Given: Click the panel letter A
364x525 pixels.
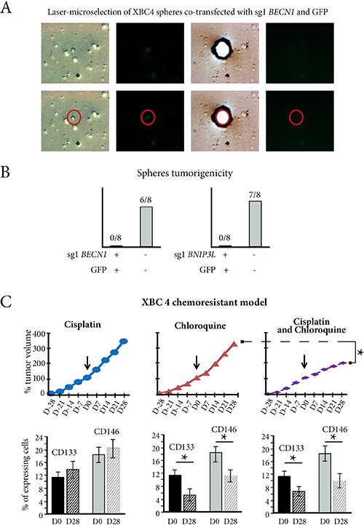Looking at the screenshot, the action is coord(6,7).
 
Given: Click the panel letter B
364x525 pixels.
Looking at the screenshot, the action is coord(5,172).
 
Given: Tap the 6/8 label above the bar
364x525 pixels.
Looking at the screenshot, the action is coord(146,200).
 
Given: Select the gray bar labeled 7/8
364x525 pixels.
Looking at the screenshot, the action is coord(255,224).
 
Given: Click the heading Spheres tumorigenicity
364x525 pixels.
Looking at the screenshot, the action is coord(184,173).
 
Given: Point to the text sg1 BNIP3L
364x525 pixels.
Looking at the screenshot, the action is coord(195,255).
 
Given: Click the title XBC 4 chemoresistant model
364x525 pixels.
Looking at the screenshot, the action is coord(205,302).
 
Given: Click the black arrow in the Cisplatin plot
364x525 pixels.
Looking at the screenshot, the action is coord(87,363).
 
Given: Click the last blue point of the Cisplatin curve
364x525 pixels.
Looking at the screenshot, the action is coord(124,342).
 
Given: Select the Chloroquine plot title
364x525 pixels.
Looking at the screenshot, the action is coord(200,325).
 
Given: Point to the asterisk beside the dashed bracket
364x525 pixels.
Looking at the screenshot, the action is coord(360,353).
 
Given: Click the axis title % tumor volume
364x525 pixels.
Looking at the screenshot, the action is coord(28,361).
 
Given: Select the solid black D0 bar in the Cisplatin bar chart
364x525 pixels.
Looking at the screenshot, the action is coord(58,495).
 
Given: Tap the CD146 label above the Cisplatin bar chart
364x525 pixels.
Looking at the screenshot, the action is coord(106,432).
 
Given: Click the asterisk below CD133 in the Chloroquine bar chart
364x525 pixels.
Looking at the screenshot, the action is coord(184,457).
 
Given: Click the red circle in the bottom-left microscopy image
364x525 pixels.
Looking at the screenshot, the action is coord(74,117).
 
